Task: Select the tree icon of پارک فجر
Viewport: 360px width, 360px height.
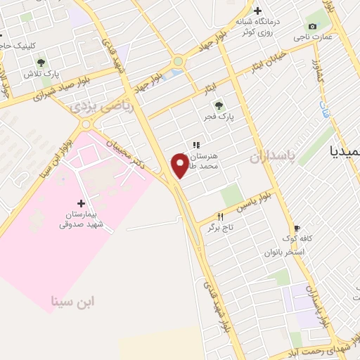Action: [219, 105]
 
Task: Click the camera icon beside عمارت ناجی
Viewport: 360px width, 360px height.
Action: [312, 27]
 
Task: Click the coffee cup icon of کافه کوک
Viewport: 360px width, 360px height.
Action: [297, 229]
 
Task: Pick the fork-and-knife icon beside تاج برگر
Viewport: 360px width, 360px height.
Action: [220, 217]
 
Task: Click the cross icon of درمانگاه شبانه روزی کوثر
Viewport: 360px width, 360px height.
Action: [257, 11]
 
